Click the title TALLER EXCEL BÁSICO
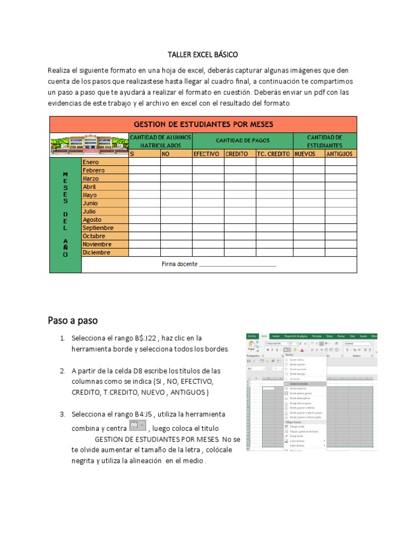202,55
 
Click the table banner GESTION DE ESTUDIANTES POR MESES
204,124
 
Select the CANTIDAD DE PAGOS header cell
243,141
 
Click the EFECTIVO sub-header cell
208,154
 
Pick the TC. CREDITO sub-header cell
274,154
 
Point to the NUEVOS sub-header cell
309,154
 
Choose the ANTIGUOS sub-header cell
341,154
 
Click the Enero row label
105,162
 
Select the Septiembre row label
105,228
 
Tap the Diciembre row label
105,252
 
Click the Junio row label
105,203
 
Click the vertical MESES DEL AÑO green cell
66,214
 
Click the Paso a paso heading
72,320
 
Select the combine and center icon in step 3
137,426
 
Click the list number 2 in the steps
62,371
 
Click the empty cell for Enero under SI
144,162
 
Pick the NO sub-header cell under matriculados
176,154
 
